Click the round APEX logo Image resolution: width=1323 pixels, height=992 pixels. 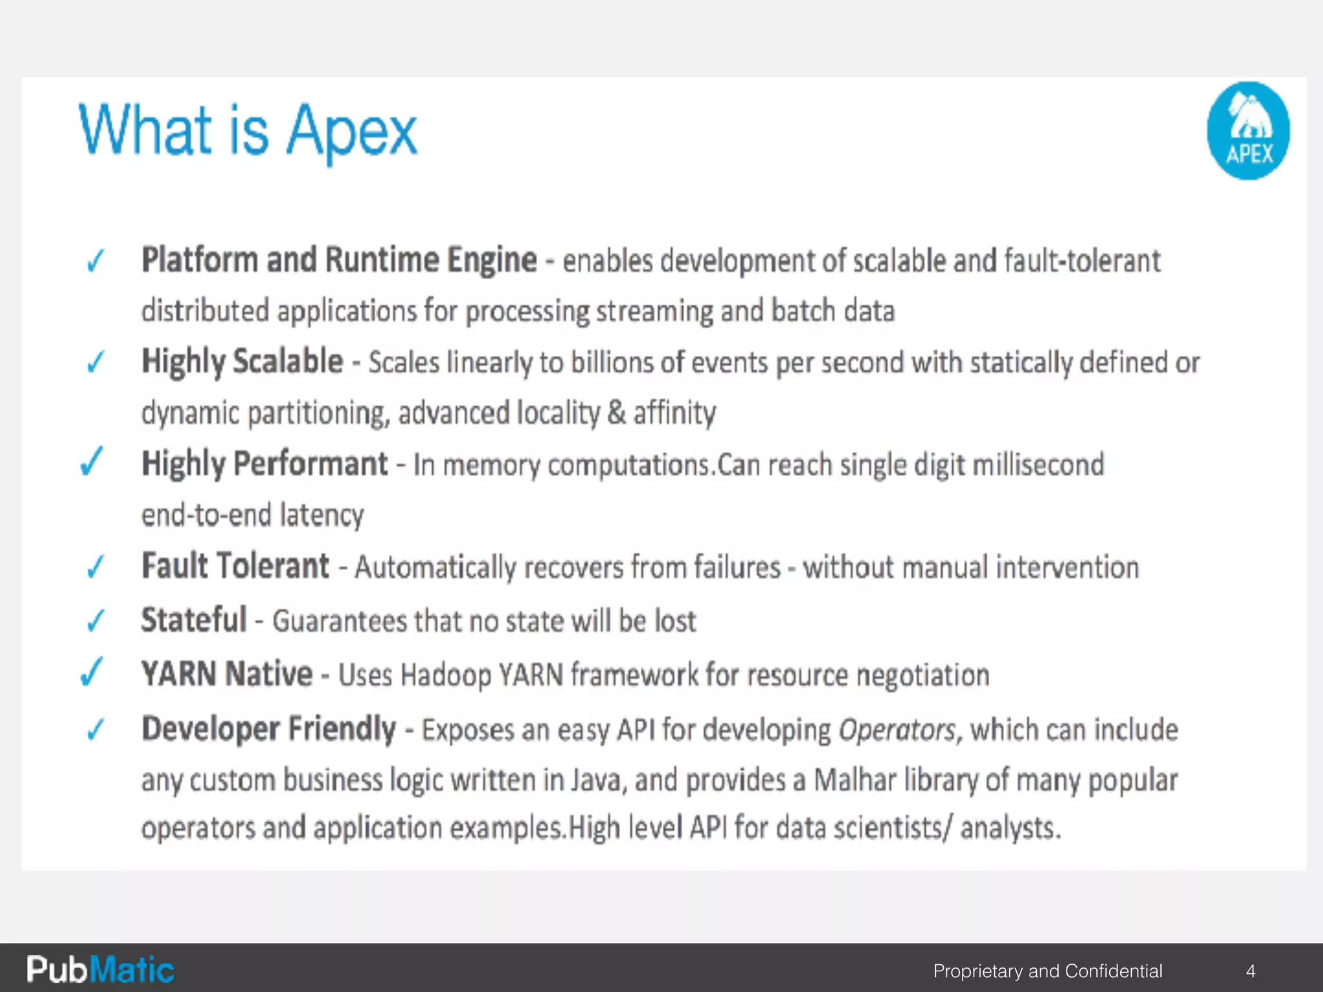1248,130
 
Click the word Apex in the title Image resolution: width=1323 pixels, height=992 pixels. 351,132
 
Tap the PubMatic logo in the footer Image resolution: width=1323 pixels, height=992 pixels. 100,969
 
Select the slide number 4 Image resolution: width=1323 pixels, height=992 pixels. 1251,971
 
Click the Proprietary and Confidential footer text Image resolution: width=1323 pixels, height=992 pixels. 1047,971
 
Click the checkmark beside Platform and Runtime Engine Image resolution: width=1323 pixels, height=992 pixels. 96,261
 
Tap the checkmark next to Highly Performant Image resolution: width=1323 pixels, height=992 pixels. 91,462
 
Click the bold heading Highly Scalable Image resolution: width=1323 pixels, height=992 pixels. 242,362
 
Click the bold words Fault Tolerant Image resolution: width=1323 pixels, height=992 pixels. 235,566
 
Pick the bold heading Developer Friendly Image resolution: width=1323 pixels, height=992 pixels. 269,729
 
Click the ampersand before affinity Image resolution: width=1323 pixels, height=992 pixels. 616,413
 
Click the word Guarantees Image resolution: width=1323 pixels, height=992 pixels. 339,621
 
